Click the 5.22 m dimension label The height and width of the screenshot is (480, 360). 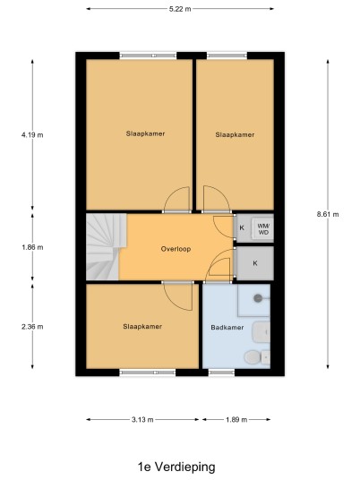point(180,9)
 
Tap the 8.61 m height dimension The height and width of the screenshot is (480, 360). point(328,214)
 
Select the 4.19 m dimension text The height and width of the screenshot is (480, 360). point(32,134)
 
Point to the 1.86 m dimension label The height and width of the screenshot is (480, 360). point(32,247)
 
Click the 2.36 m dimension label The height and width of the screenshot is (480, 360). point(32,327)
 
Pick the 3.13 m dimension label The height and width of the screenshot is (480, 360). point(142,419)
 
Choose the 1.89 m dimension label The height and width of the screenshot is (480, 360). point(236,419)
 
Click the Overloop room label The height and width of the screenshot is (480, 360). point(176,249)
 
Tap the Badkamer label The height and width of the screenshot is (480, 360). point(227,328)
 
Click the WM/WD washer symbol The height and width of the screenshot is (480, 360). point(262,228)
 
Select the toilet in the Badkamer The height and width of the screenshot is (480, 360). point(257,357)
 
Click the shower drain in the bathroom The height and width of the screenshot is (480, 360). point(258,298)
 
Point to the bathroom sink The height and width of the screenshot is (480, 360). point(261,332)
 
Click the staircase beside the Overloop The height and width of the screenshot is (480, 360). point(106,246)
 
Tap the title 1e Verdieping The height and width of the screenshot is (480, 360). point(176,467)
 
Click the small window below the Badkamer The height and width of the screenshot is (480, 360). point(221,373)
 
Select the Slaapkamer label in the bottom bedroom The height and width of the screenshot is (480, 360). point(142,327)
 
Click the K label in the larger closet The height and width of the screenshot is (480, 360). point(255,263)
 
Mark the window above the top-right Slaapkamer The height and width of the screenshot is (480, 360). point(227,56)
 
